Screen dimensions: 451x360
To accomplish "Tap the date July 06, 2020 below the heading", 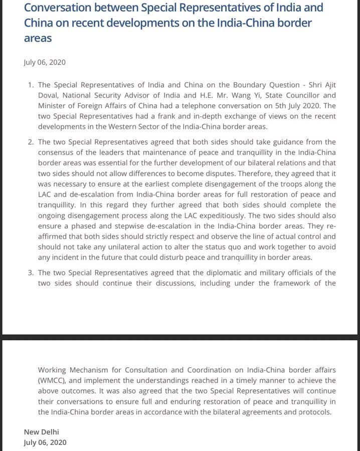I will pyautogui.click(x=44, y=63).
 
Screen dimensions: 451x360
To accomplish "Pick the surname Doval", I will pyautogui.click(x=49, y=95).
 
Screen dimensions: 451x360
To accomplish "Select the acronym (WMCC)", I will pyautogui.click(x=53, y=380).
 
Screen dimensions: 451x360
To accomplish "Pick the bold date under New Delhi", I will pyautogui.click(x=45, y=442).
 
